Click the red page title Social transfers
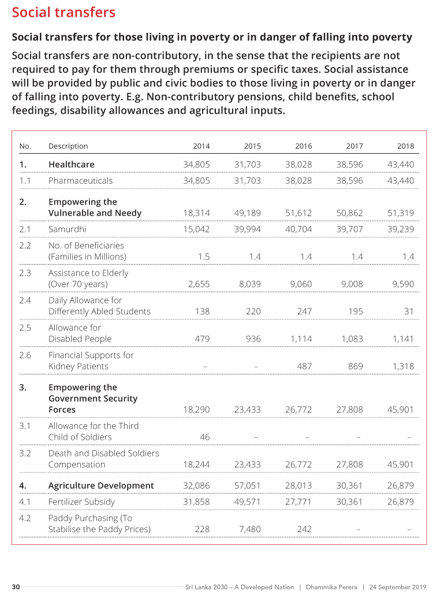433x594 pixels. (x=64, y=13)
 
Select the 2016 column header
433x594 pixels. (x=303, y=146)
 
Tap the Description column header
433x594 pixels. (x=68, y=146)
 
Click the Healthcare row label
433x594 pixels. (x=71, y=165)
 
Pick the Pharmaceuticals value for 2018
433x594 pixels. (x=401, y=181)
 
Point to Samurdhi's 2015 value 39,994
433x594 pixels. (x=248, y=229)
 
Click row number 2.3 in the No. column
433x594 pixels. (x=25, y=273)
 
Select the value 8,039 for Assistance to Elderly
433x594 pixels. (x=249, y=284)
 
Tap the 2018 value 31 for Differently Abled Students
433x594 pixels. (x=409, y=311)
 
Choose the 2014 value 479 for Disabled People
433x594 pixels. (x=202, y=339)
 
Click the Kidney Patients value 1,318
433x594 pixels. (x=403, y=366)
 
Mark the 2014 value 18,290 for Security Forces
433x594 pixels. (x=196, y=410)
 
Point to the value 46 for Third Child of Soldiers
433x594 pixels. (x=204, y=437)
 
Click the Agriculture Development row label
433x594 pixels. (x=101, y=486)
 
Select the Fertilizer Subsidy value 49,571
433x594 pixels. (x=248, y=502)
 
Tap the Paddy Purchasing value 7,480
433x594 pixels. (x=250, y=529)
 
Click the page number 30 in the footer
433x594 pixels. (x=16, y=587)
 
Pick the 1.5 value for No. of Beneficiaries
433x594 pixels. (x=203, y=257)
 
